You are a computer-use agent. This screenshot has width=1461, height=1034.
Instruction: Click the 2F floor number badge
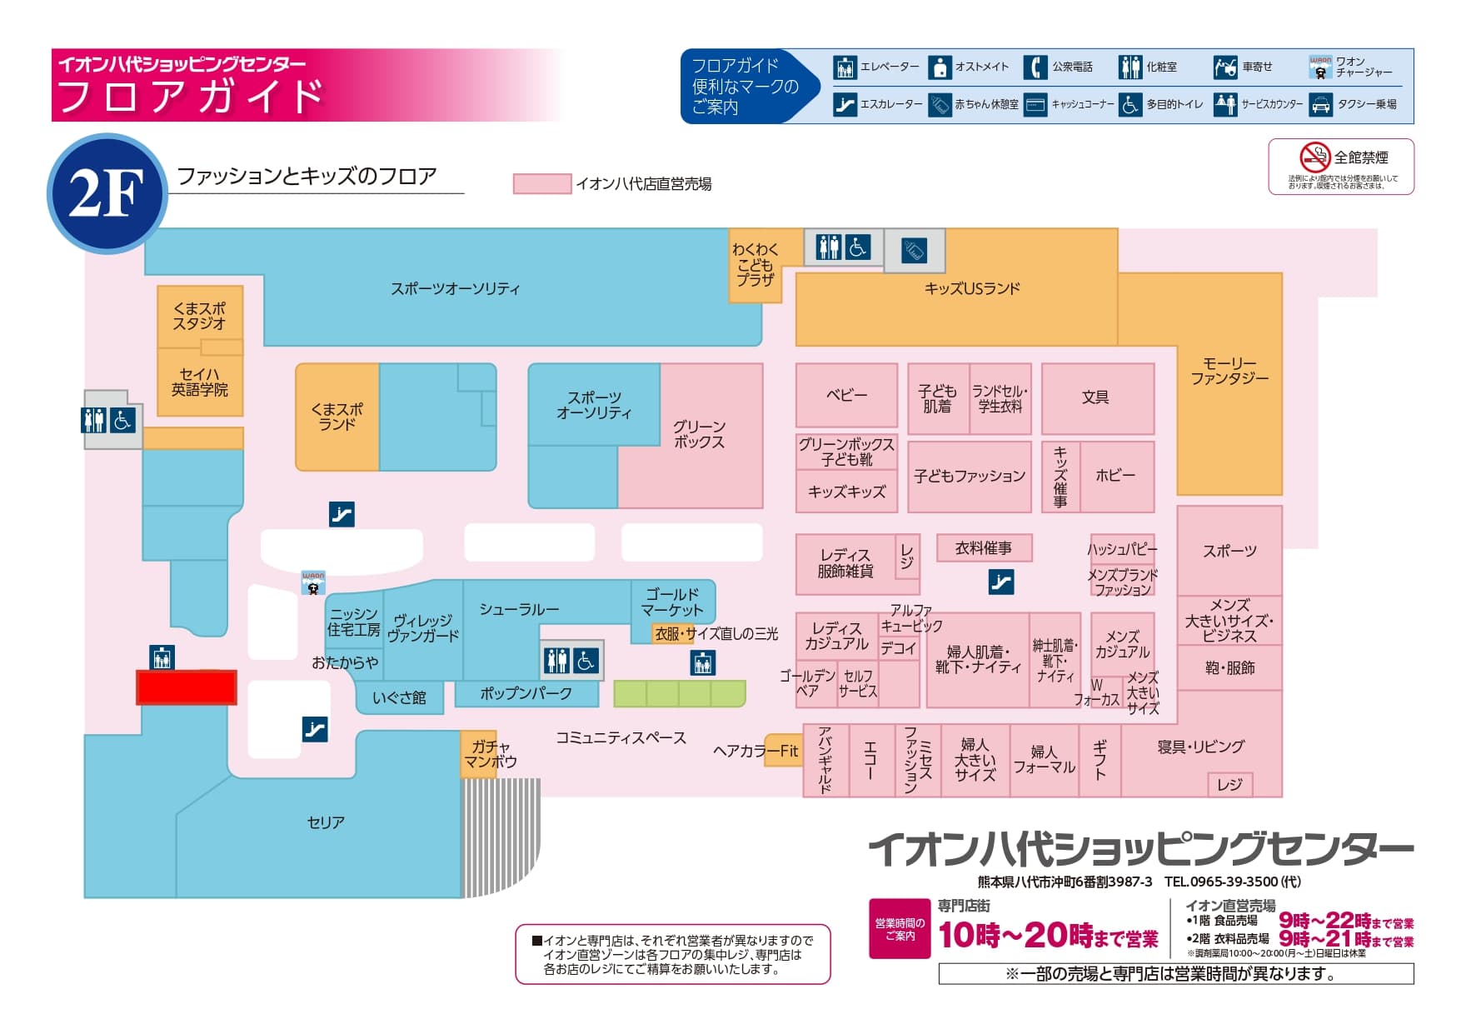pyautogui.click(x=107, y=193)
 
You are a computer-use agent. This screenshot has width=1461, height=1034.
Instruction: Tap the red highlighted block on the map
pyautogui.click(x=187, y=687)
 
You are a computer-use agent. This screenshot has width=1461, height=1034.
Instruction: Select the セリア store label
pyautogui.click(x=326, y=822)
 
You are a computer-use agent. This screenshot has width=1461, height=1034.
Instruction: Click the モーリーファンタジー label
pyautogui.click(x=1229, y=371)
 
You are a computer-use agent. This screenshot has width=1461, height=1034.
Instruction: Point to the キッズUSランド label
pyautogui.click(x=972, y=289)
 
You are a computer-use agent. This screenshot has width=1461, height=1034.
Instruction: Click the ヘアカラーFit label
pyautogui.click(x=755, y=751)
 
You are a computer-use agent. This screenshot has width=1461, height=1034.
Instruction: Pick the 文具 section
pyautogui.click(x=1095, y=397)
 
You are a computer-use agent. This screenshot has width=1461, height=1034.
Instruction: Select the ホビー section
pyautogui.click(x=1115, y=476)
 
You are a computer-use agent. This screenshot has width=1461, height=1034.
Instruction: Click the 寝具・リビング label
pyautogui.click(x=1200, y=747)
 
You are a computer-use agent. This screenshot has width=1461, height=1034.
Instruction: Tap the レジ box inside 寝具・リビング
pyautogui.click(x=1229, y=784)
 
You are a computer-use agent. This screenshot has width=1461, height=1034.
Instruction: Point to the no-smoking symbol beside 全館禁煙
pyautogui.click(x=1314, y=157)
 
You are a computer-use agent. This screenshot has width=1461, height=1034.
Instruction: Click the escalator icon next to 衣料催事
pyautogui.click(x=1001, y=582)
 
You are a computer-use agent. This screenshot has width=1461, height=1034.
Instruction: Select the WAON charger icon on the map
pyautogui.click(x=313, y=582)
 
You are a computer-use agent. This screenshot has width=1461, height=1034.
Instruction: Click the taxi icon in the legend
pyautogui.click(x=1320, y=105)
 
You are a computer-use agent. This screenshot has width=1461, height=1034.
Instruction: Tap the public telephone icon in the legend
pyautogui.click(x=1035, y=67)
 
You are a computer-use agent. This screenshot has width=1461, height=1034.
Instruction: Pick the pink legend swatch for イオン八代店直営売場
pyautogui.click(x=541, y=184)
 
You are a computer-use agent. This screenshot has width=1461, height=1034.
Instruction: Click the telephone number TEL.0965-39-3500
pyautogui.click(x=1232, y=882)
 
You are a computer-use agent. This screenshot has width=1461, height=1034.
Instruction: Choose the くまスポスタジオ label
pyautogui.click(x=199, y=316)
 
